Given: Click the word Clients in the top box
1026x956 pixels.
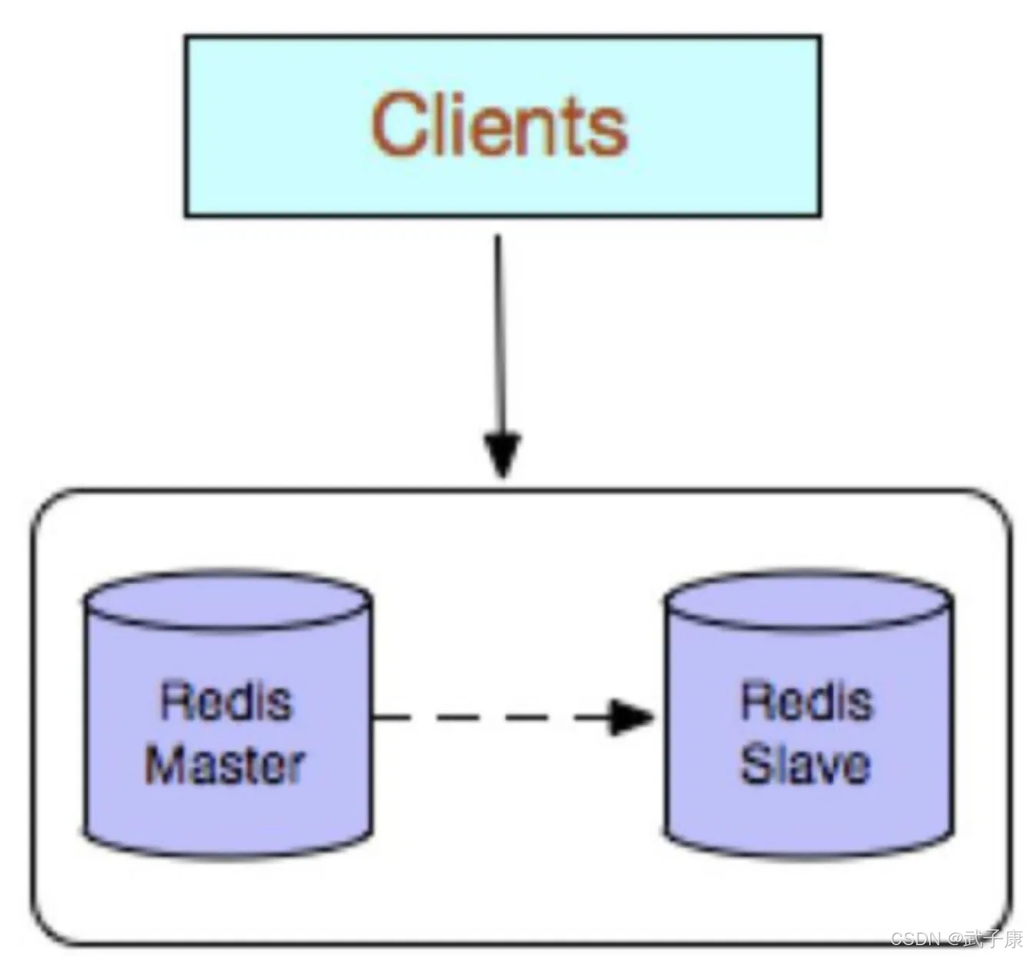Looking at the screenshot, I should point(500,125).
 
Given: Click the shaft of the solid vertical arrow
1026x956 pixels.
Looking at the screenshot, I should point(498,330).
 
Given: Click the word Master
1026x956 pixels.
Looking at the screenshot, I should point(225,765).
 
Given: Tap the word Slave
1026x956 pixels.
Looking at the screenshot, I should point(805,765).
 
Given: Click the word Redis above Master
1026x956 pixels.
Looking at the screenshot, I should point(226,701).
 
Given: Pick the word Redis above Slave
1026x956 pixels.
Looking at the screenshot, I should point(807,701).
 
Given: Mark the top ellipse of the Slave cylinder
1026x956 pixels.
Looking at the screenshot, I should point(808,602).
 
